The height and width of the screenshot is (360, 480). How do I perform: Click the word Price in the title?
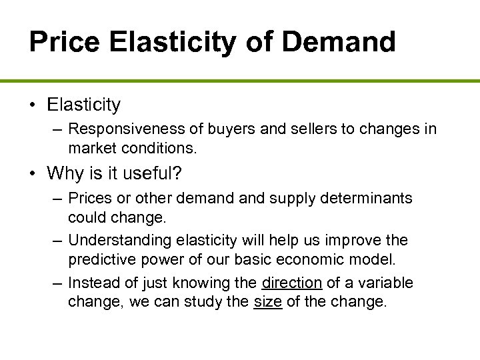(63, 41)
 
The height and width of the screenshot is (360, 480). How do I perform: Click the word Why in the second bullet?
(66, 174)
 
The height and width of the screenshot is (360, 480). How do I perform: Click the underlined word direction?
(292, 283)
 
